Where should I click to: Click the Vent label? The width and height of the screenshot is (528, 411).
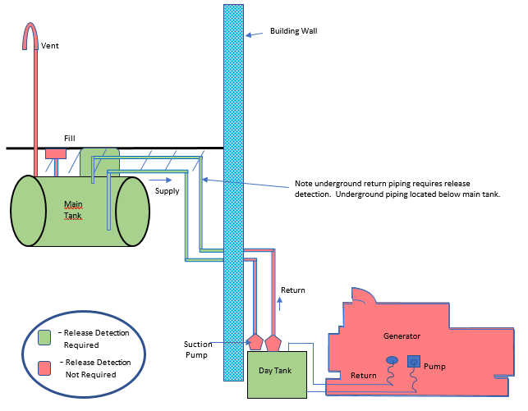point(50,46)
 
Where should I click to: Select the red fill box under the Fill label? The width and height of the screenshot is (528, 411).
point(55,153)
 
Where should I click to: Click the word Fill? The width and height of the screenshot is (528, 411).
point(70,139)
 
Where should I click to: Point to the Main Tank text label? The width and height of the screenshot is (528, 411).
point(74,209)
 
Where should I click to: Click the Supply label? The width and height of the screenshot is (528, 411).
point(168,190)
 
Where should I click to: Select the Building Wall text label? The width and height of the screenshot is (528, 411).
point(293,31)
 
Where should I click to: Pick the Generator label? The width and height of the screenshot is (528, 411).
point(402,336)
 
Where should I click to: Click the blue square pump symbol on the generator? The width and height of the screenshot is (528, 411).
point(413,360)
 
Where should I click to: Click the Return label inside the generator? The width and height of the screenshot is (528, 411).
point(364,376)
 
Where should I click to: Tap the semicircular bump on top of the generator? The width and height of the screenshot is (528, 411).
point(361,295)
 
